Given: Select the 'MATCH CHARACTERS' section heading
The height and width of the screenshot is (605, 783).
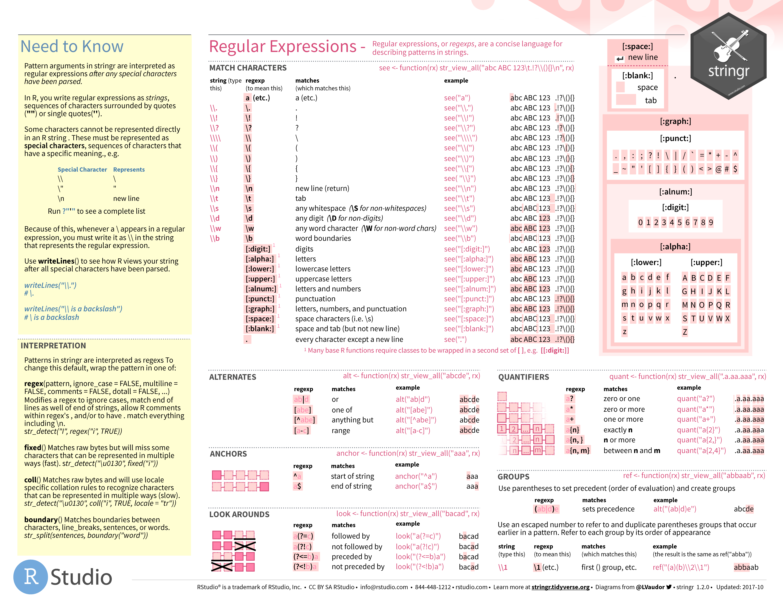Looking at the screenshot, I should point(248,68).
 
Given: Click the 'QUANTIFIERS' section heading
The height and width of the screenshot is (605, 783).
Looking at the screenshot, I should point(523,377).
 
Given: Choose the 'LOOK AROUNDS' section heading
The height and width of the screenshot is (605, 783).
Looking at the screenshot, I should point(239,514).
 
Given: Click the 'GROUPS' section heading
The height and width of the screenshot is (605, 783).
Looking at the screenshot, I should point(513,477).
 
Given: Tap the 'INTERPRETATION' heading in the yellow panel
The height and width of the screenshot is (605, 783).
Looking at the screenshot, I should point(53,345).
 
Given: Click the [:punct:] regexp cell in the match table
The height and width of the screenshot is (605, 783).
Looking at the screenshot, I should point(260,299).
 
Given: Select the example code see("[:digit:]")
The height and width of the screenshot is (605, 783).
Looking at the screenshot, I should point(467,249).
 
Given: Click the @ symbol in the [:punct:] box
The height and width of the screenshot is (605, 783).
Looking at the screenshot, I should point(718,169).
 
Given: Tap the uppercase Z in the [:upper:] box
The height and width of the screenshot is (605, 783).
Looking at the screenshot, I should point(685,332).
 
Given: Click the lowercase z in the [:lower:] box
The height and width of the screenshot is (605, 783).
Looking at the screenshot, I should point(624,332).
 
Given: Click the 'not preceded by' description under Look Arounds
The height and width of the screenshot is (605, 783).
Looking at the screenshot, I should point(358,567).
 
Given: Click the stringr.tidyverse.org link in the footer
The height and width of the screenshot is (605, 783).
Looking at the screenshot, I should point(560,587).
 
